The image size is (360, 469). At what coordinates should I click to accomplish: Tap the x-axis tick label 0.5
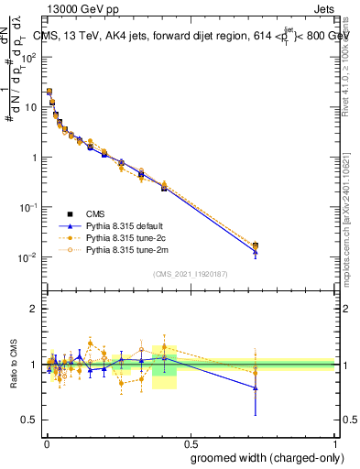click(191, 442)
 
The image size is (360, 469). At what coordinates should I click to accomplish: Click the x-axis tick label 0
click(46, 442)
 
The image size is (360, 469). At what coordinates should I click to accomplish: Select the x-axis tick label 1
click(335, 442)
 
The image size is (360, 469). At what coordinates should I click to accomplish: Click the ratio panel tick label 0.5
click(30, 420)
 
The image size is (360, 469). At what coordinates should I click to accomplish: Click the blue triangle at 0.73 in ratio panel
click(256, 388)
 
